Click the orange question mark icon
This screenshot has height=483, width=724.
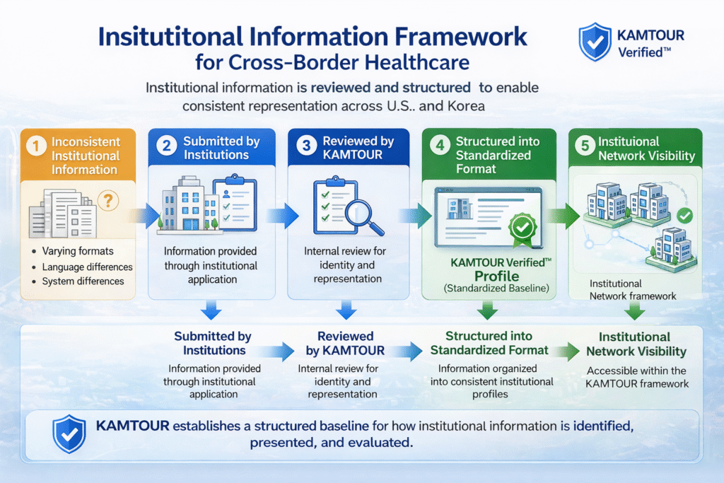(107, 201)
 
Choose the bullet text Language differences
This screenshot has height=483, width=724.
(87, 267)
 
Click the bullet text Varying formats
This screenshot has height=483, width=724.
(77, 251)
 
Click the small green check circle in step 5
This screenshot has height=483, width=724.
(684, 215)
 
